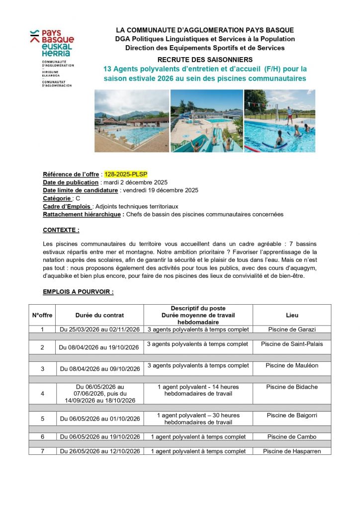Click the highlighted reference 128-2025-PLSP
(x=126, y=174)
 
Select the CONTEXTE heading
(x=61, y=230)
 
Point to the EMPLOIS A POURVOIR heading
(x=78, y=292)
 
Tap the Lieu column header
(x=292, y=315)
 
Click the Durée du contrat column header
(x=99, y=315)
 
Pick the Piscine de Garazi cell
(x=292, y=329)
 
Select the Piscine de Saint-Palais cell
(x=292, y=344)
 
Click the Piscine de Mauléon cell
(x=292, y=365)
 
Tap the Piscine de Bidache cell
(x=292, y=387)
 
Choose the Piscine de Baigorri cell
(x=292, y=415)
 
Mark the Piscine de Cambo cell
(x=292, y=437)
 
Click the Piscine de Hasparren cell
(x=292, y=451)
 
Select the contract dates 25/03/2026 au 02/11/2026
(x=99, y=330)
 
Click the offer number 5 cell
(x=42, y=419)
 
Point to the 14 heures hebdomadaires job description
(x=198, y=390)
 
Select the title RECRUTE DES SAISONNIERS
(x=205, y=60)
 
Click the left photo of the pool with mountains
(x=132, y=121)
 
